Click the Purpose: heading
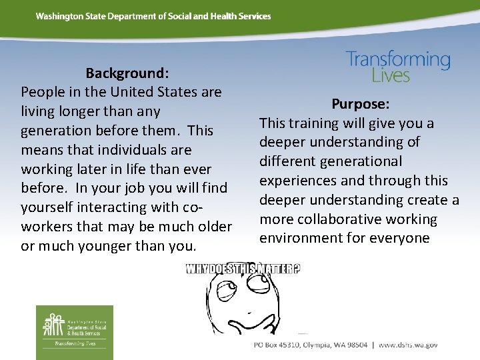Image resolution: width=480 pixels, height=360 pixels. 361,104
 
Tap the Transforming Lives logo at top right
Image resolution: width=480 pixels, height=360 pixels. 397,67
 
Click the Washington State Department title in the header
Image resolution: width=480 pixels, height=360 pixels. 153,16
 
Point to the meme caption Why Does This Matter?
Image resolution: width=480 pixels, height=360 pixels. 243,269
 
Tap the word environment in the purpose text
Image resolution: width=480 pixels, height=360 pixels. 301,239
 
